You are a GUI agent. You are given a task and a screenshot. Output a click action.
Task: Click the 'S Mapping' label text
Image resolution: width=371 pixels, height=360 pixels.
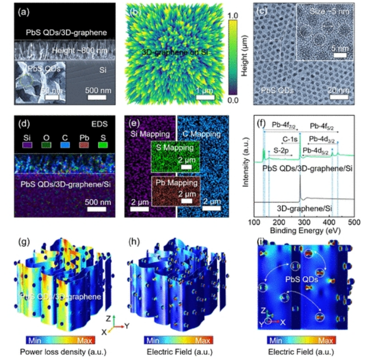point(174,148)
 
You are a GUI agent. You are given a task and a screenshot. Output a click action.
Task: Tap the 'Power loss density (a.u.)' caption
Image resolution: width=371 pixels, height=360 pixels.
point(57,351)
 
